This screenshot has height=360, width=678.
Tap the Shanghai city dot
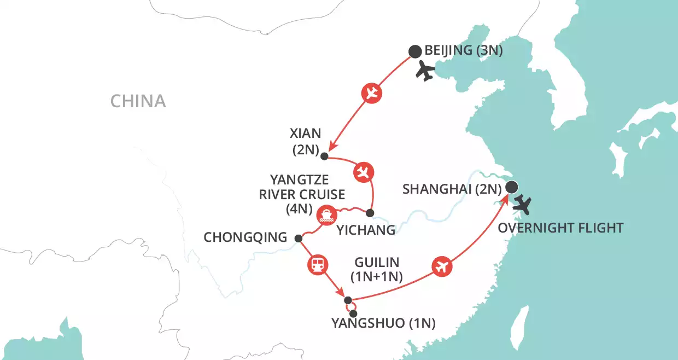click(511, 188)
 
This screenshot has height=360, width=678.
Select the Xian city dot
click(324, 156)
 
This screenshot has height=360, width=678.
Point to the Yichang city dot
click(370, 213)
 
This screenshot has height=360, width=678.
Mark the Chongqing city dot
click(298, 238)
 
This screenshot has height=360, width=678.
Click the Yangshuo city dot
click(353, 313)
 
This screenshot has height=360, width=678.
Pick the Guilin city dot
click(348, 300)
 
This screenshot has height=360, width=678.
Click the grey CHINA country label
click(138, 101)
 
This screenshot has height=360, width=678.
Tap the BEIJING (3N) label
click(464, 51)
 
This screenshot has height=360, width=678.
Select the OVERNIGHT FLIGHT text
click(560, 227)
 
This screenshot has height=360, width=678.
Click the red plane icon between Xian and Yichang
click(363, 173)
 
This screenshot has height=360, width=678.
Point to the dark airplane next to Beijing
click(425, 71)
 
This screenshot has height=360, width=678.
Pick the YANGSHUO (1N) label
click(383, 323)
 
